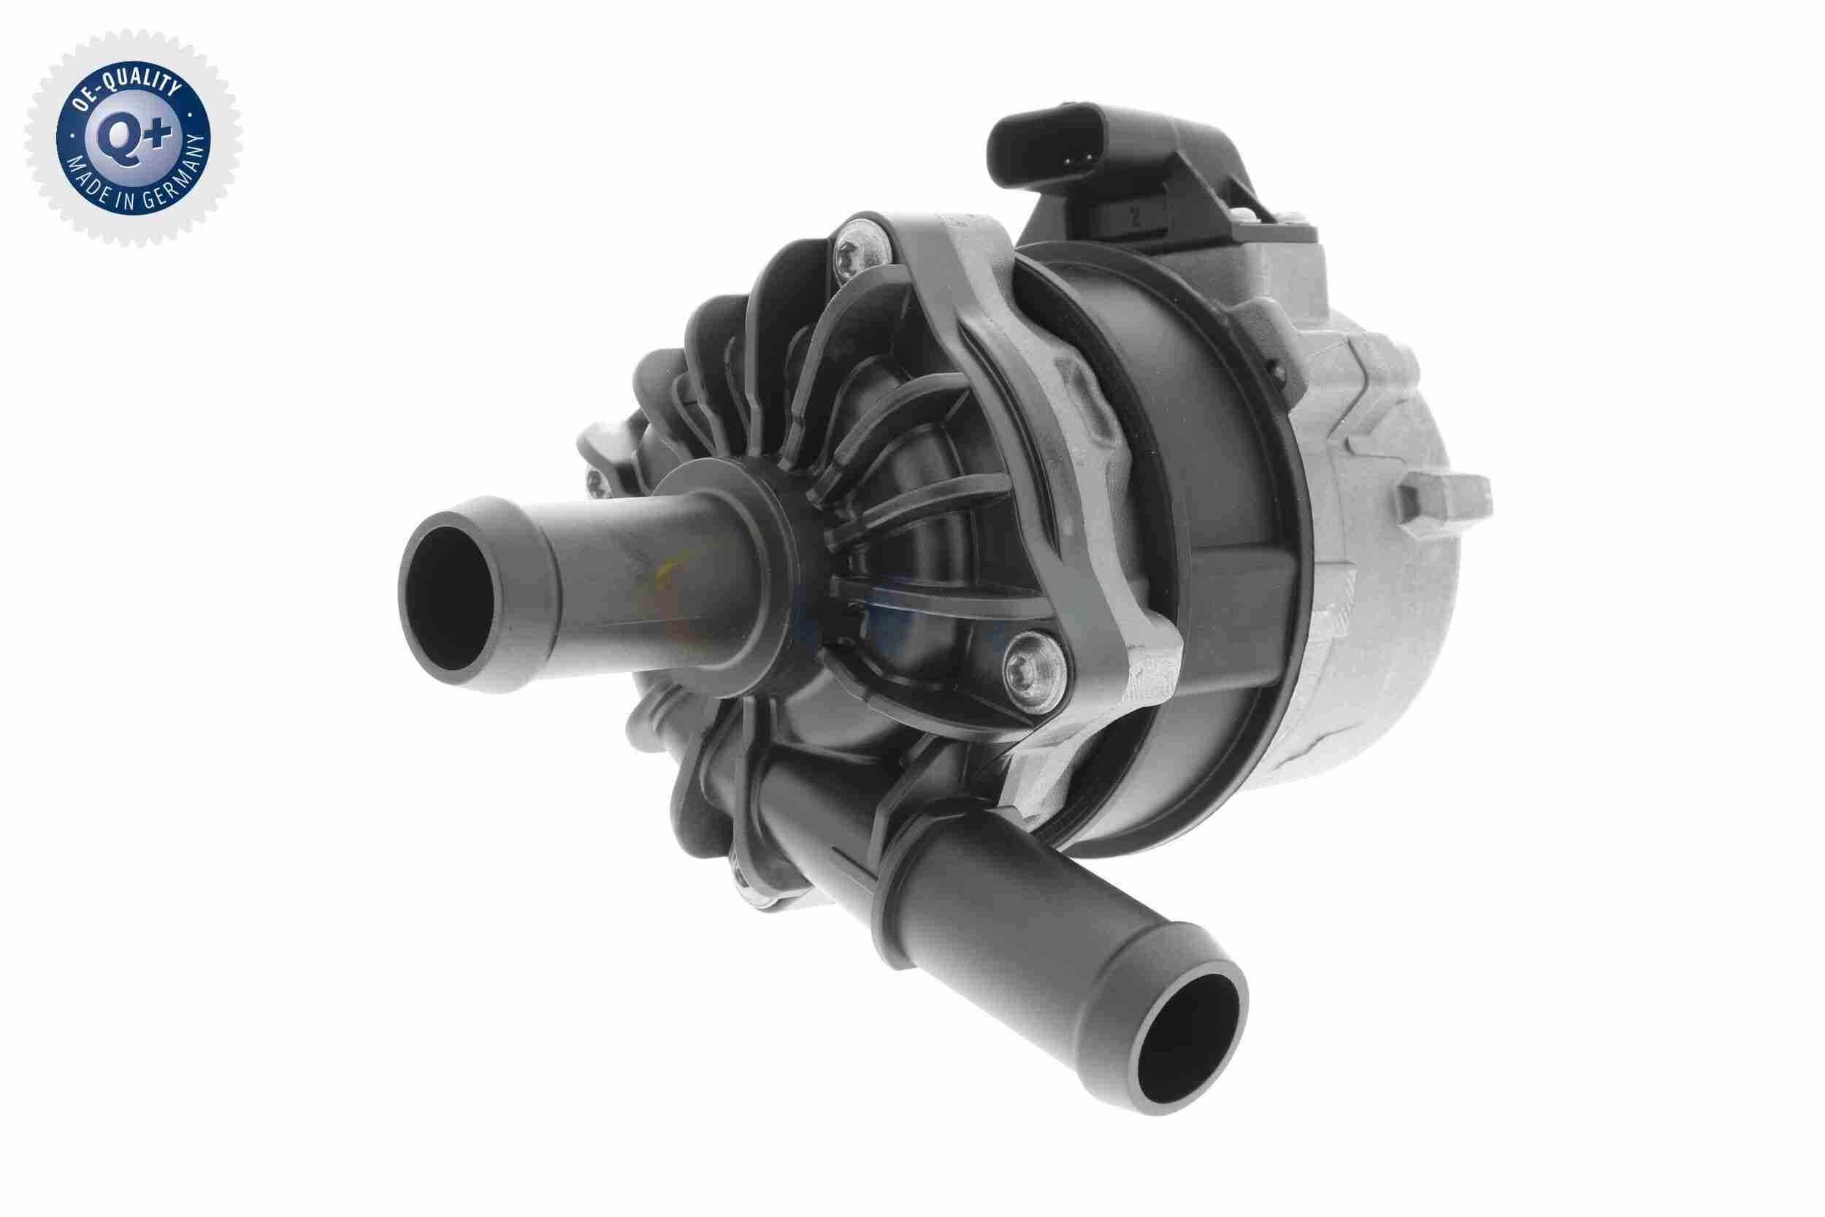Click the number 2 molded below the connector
pyautogui.click(x=1134, y=220)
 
